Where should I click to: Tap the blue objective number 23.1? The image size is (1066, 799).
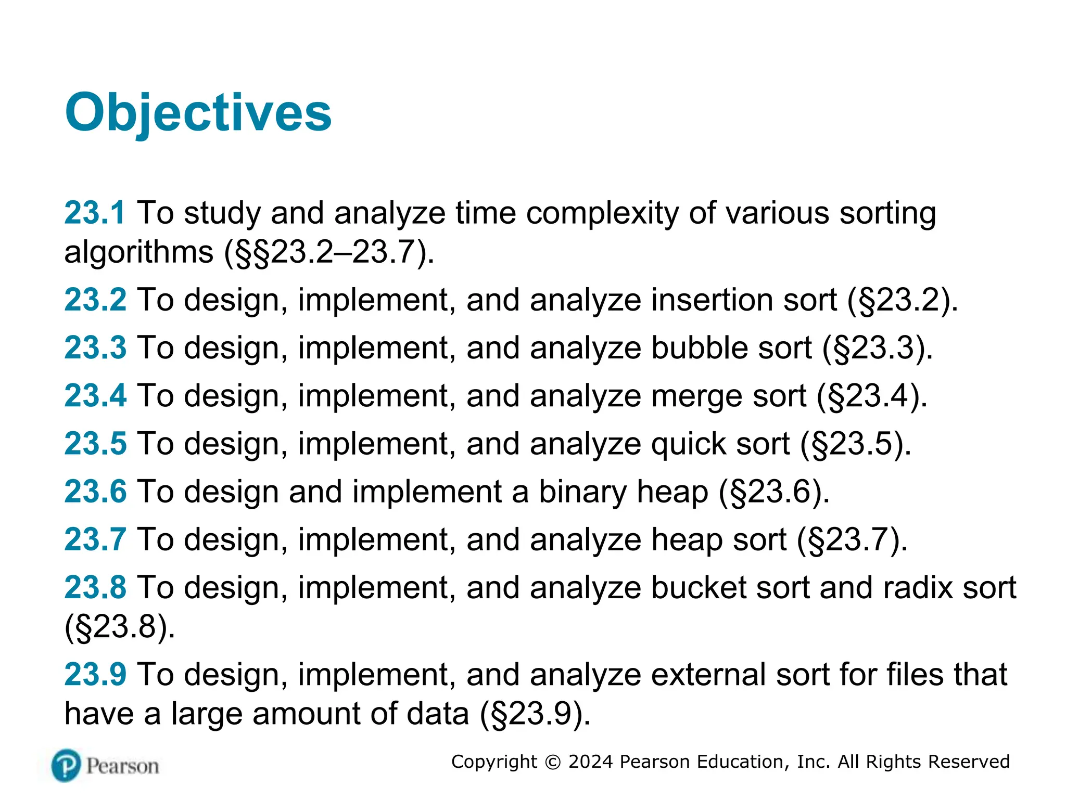coord(95,213)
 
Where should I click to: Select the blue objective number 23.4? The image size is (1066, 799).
coord(95,396)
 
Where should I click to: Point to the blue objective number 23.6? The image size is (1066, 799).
coord(95,492)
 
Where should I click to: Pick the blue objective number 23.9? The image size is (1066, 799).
coord(95,675)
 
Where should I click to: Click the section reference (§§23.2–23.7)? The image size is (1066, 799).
coord(329,252)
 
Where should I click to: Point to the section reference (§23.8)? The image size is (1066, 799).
coord(120,626)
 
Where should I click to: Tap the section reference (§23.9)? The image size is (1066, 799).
coord(535,714)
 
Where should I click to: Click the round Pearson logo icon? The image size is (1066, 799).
coord(67,766)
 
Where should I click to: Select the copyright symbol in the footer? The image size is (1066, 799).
coord(552,762)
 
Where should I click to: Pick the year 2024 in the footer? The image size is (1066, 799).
coord(591,762)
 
